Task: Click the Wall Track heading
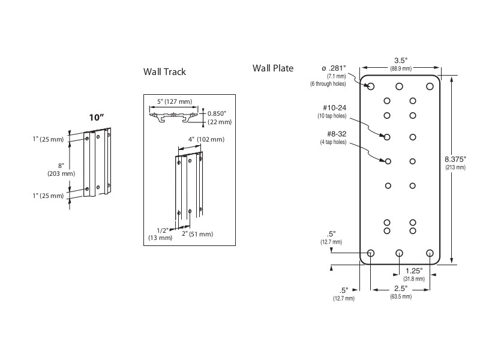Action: [x=164, y=72]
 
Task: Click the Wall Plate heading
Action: [x=273, y=68]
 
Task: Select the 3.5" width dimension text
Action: [x=401, y=60]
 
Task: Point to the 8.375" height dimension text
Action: [x=455, y=159]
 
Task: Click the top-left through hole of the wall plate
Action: [x=370, y=86]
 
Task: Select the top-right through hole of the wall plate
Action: [x=430, y=86]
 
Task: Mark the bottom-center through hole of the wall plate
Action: [x=400, y=253]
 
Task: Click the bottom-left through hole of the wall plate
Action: [x=370, y=253]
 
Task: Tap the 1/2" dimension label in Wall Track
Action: [x=161, y=230]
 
